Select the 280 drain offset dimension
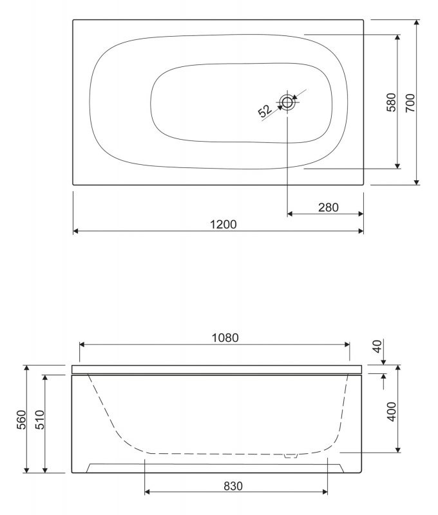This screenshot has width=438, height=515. point(328,207)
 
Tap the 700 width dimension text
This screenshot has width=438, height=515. point(410,103)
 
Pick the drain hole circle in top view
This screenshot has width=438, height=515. point(287,102)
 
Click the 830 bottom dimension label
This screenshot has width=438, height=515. point(233,486)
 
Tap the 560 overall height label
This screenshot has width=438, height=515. point(21,419)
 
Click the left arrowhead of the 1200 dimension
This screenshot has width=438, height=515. point(75,230)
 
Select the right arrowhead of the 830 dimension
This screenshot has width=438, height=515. point(326,492)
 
